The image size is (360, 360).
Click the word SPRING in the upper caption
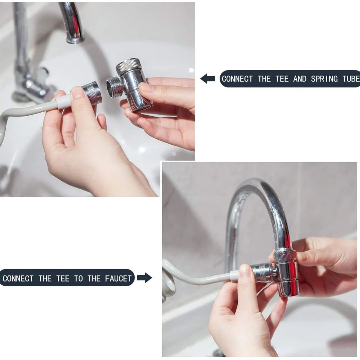[324, 79]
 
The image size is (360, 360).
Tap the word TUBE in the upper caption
[351, 79]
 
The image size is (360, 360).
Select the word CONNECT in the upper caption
[237, 79]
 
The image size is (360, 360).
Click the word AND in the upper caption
[300, 79]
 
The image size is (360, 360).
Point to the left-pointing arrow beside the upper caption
[208, 79]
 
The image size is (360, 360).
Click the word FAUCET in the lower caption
[118, 278]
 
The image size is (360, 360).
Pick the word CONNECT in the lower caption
[18, 278]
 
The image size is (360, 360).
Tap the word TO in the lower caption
[78, 278]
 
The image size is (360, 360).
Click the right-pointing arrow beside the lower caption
[145, 278]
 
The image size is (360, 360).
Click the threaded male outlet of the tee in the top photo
[113, 85]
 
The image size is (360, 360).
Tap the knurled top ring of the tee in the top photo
[128, 65]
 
